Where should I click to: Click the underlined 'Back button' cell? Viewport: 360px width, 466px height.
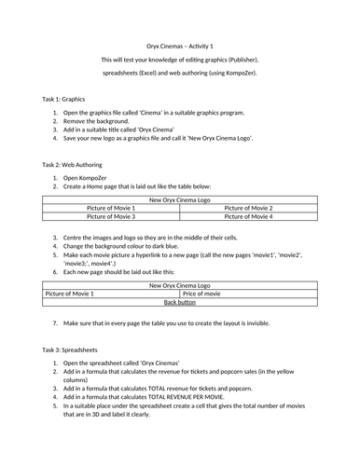coord(179,302)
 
